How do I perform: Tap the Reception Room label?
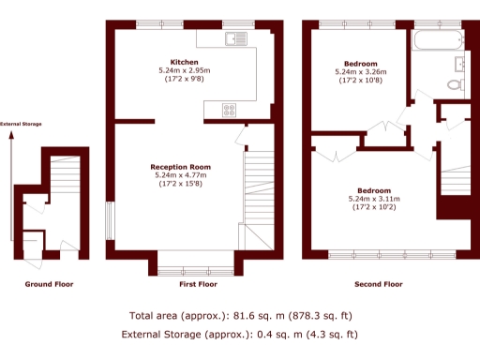point(183,167)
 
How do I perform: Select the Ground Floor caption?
point(50,283)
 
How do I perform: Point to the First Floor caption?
point(198,283)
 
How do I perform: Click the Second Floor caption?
point(379,283)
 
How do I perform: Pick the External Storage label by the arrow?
point(21,124)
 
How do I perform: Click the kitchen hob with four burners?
point(230,110)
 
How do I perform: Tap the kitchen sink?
point(234,38)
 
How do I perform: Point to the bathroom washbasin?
point(459,63)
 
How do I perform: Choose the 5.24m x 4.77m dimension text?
point(183,175)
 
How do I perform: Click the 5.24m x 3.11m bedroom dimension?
point(373,199)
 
